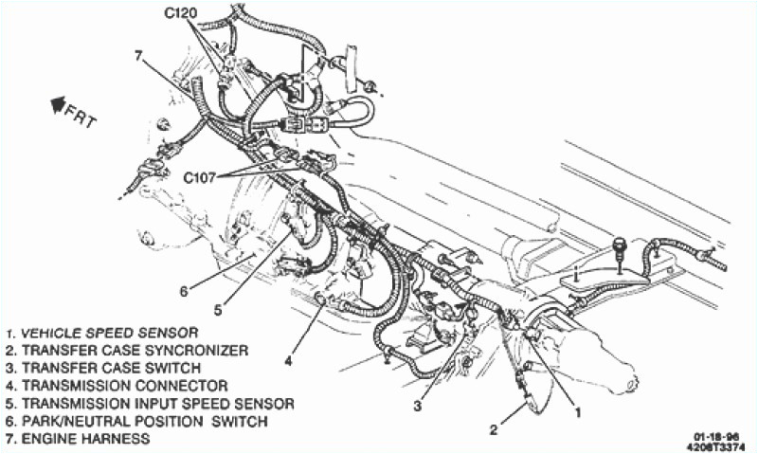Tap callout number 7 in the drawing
coord(138,56)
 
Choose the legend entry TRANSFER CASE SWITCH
coord(104,368)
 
